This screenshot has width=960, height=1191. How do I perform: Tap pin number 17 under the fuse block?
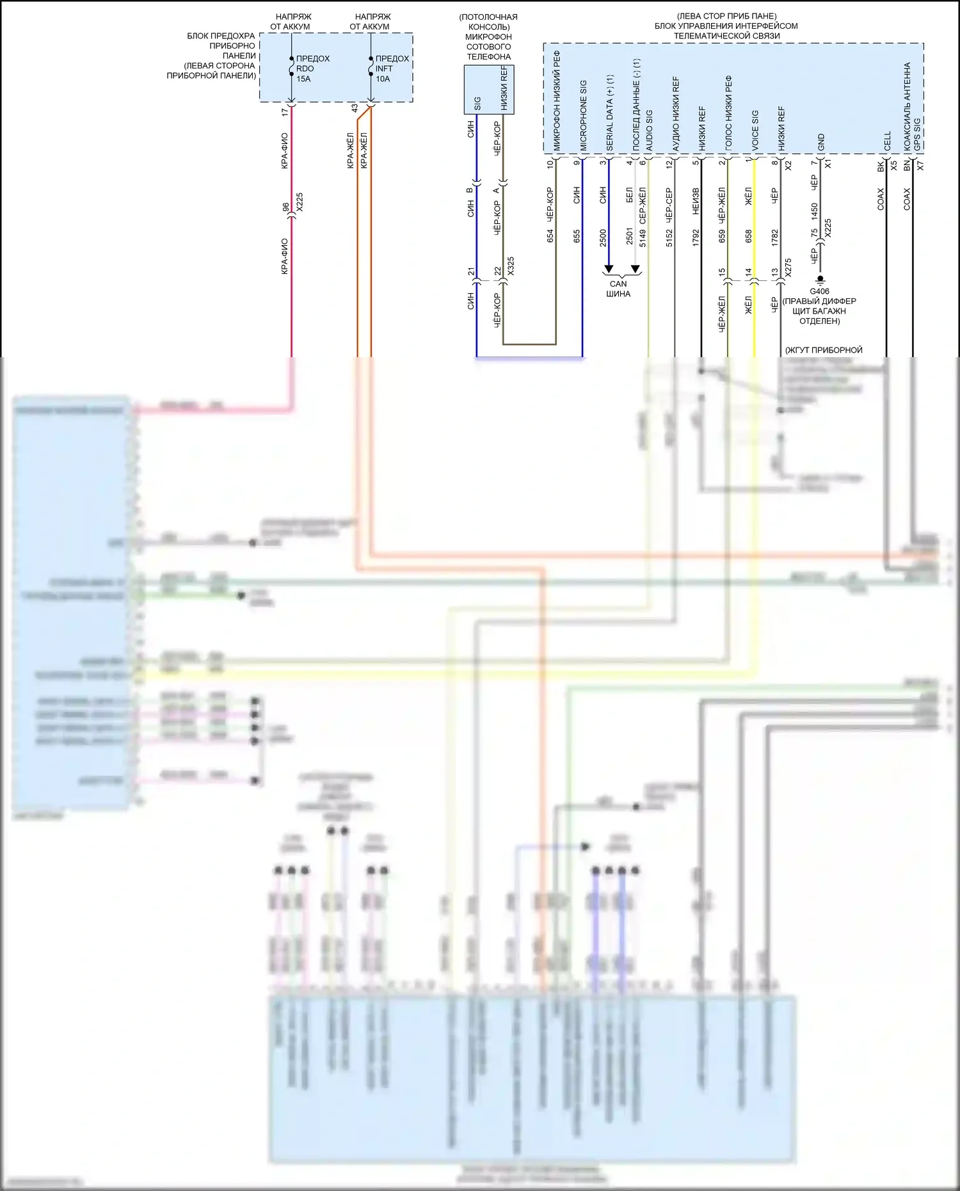pos(285,112)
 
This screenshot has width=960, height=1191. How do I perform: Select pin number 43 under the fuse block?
pos(354,109)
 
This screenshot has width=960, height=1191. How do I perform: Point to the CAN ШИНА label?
pos(618,289)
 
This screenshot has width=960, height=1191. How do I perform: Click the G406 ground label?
pos(819,291)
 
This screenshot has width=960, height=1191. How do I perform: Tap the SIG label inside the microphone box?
pos(477,103)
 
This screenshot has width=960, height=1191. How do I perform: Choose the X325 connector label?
pos(511,266)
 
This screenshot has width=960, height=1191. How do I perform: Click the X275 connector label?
pos(788,268)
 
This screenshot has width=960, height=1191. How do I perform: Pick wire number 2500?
pos(603,238)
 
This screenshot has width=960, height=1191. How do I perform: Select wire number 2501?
pos(629,236)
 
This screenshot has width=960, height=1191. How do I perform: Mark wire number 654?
pos(550,236)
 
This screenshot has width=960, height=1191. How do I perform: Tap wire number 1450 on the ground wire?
pos(814,210)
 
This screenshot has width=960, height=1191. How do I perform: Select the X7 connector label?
pos(920,165)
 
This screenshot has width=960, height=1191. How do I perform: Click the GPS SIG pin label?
pos(916,134)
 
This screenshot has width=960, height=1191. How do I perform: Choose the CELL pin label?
pos(887,141)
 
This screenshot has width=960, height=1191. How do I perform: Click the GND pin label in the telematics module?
pos(821,143)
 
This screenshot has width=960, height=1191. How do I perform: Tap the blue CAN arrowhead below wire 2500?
pos(609,269)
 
